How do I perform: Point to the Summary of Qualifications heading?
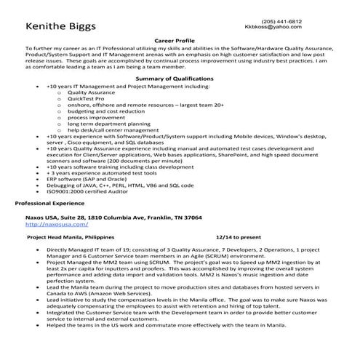point(179,79)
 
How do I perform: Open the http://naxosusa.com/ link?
point(49,225)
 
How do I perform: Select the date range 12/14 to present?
point(239,237)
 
